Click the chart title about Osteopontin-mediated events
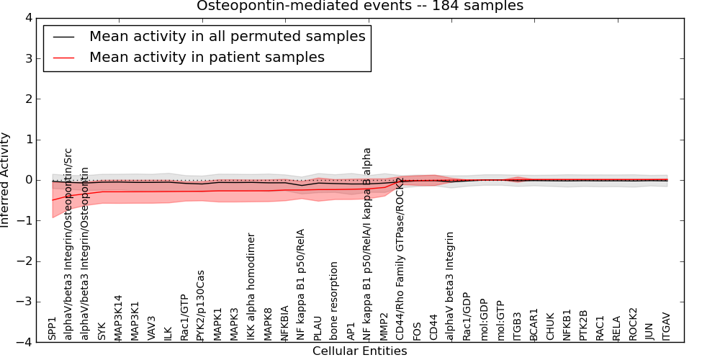click(360, 6)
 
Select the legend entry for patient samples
click(207, 57)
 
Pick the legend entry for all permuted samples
click(227, 36)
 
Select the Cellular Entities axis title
click(359, 351)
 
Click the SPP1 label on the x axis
click(52, 328)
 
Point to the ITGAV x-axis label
click(666, 326)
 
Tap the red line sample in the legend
click(63, 58)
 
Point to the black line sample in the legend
click(63, 37)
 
